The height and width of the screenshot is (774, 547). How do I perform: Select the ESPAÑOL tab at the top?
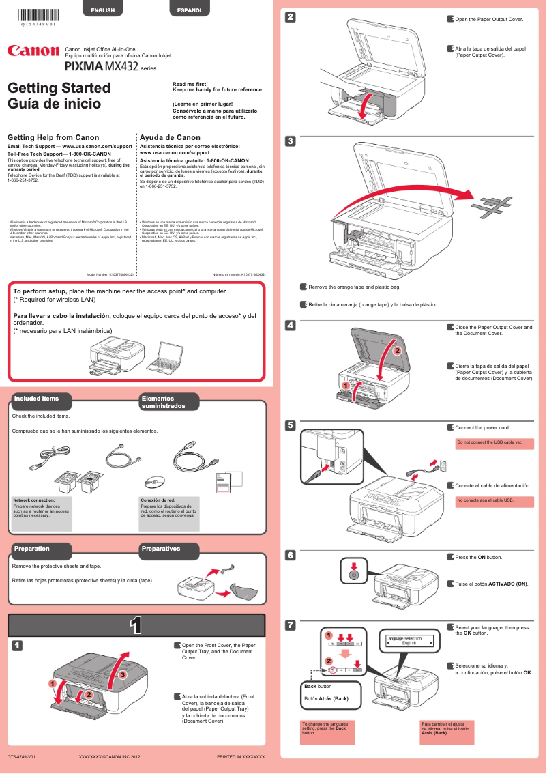[x=190, y=10]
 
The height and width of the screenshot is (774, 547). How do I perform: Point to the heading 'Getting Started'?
[x=59, y=88]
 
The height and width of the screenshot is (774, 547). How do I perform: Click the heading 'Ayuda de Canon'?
[x=170, y=137]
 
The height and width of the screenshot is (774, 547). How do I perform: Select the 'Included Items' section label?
[x=37, y=399]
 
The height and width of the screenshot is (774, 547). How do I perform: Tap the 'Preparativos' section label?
[x=160, y=549]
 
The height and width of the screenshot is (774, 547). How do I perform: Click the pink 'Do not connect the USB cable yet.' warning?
[x=494, y=443]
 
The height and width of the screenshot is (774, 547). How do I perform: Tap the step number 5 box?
[x=290, y=425]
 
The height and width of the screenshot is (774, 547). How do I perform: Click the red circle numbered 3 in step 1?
[x=123, y=674]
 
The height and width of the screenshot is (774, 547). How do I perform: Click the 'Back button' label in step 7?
[x=318, y=686]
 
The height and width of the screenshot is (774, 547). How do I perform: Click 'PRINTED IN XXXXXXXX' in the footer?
[x=240, y=757]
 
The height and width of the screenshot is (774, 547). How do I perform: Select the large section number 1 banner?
[x=136, y=625]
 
